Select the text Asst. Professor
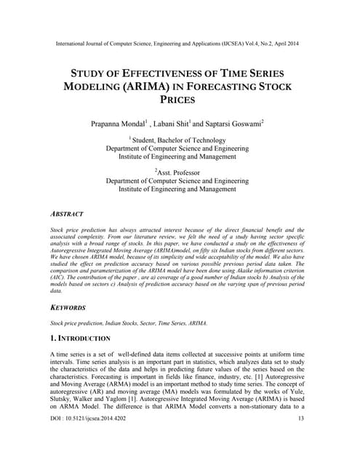(x=180, y=171)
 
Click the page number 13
(x=300, y=440)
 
